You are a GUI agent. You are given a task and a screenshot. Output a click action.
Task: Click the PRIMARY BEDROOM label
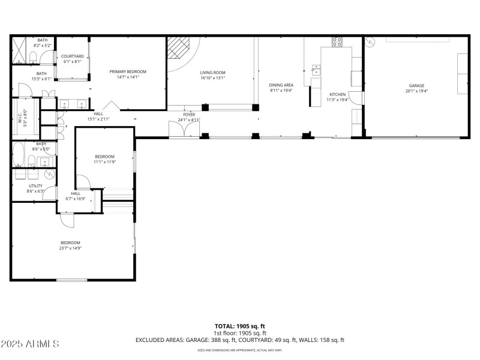[x=128, y=71]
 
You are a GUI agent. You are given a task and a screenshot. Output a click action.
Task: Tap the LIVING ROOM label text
[x=212, y=72]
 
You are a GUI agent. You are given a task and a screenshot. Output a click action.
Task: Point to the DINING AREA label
[x=281, y=85]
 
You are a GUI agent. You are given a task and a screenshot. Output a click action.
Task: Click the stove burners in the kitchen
[x=337, y=43]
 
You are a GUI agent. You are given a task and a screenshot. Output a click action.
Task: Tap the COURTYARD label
[x=73, y=56]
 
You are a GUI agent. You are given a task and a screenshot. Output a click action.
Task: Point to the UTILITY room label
[x=35, y=185]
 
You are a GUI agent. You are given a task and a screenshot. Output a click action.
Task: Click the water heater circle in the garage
[x=371, y=42]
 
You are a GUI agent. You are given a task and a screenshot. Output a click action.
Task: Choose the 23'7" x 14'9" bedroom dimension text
[x=70, y=248]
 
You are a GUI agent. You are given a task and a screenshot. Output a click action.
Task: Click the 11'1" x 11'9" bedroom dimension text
[x=104, y=162]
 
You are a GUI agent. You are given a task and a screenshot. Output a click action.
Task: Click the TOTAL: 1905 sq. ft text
[x=239, y=326]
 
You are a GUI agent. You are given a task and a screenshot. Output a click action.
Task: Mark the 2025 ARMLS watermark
[x=30, y=344]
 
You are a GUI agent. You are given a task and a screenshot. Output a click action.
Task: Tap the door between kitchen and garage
[x=363, y=100]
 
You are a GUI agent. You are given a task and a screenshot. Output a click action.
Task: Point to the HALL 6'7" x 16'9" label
[x=76, y=196]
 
